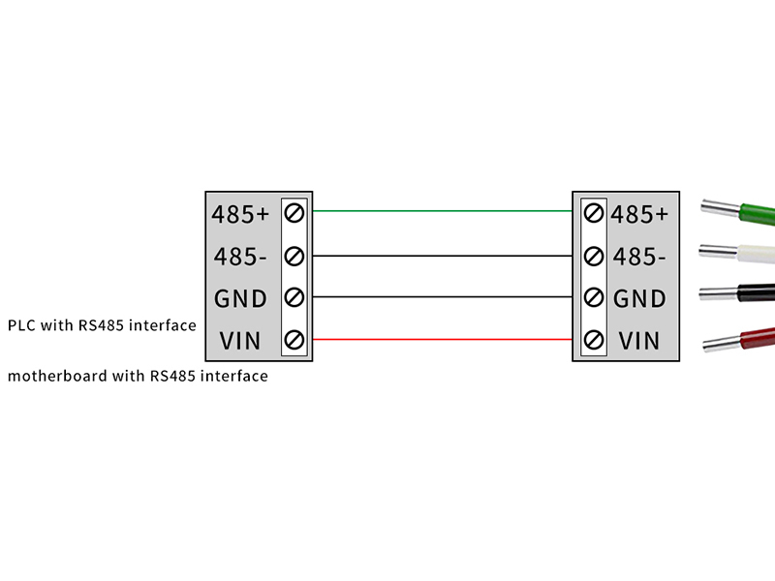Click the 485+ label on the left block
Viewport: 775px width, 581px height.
click(239, 213)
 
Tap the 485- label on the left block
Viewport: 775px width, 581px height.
click(239, 257)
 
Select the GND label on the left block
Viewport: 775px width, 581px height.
click(240, 298)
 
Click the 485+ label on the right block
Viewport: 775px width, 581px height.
click(639, 213)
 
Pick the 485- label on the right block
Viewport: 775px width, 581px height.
click(639, 257)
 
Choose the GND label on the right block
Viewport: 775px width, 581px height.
click(639, 298)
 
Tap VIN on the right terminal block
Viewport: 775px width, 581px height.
click(638, 341)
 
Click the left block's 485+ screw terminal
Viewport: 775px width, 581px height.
click(294, 212)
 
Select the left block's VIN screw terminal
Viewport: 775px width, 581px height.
click(294, 340)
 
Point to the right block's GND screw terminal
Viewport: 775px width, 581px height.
click(594, 297)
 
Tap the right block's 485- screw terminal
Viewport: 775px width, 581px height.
click(594, 256)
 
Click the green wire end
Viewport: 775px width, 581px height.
click(751, 214)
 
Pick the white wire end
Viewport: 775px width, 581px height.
click(751, 254)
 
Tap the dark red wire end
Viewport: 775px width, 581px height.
click(751, 339)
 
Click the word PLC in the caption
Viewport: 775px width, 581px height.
click(21, 325)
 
